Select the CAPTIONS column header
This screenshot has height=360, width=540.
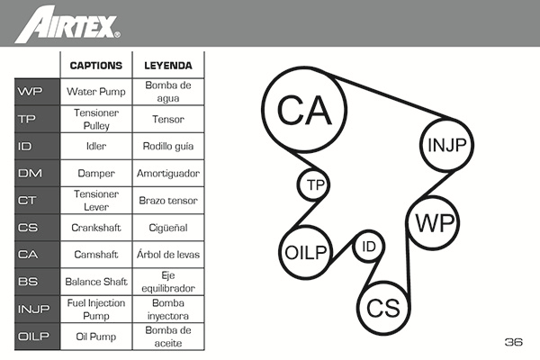(x=95, y=66)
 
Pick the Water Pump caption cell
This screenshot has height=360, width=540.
(x=95, y=91)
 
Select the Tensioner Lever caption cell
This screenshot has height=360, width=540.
(x=95, y=200)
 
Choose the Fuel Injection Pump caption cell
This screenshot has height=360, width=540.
(x=95, y=309)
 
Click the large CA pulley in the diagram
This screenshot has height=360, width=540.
(x=305, y=110)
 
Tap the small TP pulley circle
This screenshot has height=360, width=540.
(x=314, y=185)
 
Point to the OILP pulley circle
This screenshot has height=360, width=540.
(x=305, y=251)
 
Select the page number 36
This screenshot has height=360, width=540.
(x=513, y=342)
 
